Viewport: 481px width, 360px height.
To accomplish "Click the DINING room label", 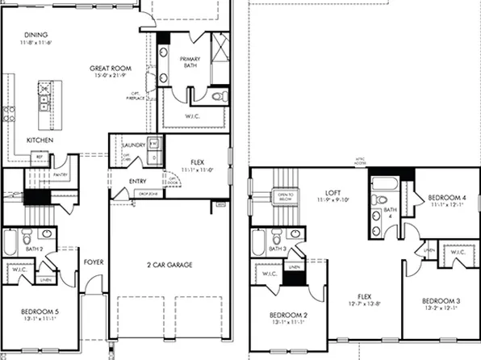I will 36,35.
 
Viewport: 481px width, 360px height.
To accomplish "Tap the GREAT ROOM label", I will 111,69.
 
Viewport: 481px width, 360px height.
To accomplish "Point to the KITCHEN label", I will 40,140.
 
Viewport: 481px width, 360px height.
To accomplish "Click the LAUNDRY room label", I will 134,145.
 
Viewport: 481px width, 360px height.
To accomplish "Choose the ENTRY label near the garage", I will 138,181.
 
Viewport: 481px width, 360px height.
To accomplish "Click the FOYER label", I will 93,262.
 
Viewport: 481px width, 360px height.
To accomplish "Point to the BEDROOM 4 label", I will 446,197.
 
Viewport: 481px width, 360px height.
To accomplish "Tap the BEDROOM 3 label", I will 441,300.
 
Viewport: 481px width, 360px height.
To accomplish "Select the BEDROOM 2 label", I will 288,314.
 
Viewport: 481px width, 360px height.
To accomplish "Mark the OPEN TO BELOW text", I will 284,196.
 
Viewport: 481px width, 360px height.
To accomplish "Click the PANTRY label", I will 59,173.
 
